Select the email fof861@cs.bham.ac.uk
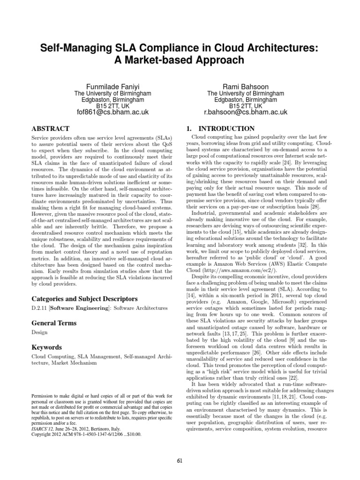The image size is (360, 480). pyautogui.click(x=113, y=112)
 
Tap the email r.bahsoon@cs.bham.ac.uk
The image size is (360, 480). pyautogui.click(x=246, y=112)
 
